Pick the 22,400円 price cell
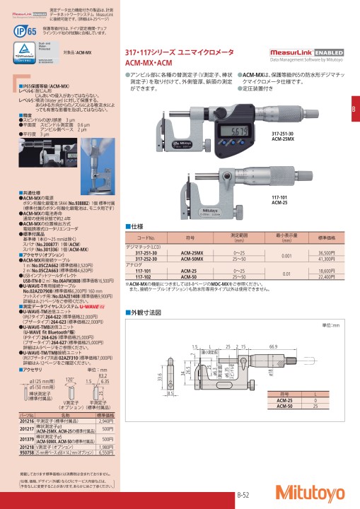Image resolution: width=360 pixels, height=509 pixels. pyautogui.click(x=327, y=277)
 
